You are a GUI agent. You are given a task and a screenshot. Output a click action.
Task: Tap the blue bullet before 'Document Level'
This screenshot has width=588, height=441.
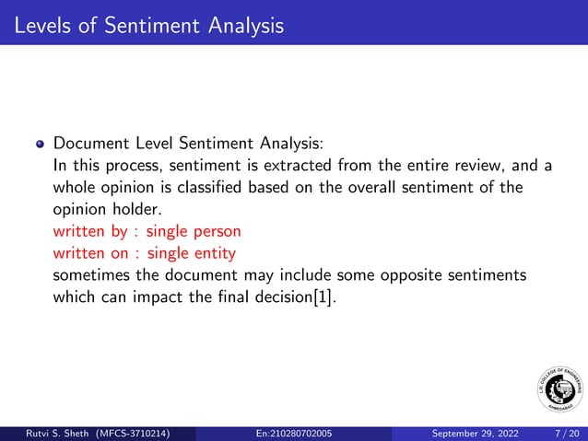[x=40, y=145]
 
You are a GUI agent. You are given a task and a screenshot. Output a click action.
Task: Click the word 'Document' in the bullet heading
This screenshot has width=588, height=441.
[x=91, y=145]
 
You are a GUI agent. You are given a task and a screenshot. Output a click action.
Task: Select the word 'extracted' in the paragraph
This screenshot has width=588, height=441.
[x=300, y=167]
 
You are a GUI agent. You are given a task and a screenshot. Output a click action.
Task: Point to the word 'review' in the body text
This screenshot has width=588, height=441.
[x=478, y=167]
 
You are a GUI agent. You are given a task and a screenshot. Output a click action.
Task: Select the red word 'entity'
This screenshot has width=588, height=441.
[x=213, y=251]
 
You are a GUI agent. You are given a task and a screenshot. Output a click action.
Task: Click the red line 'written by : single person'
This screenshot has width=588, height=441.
[x=147, y=230]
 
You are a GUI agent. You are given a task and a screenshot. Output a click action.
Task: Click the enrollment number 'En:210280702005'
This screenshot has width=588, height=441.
[x=294, y=433]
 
